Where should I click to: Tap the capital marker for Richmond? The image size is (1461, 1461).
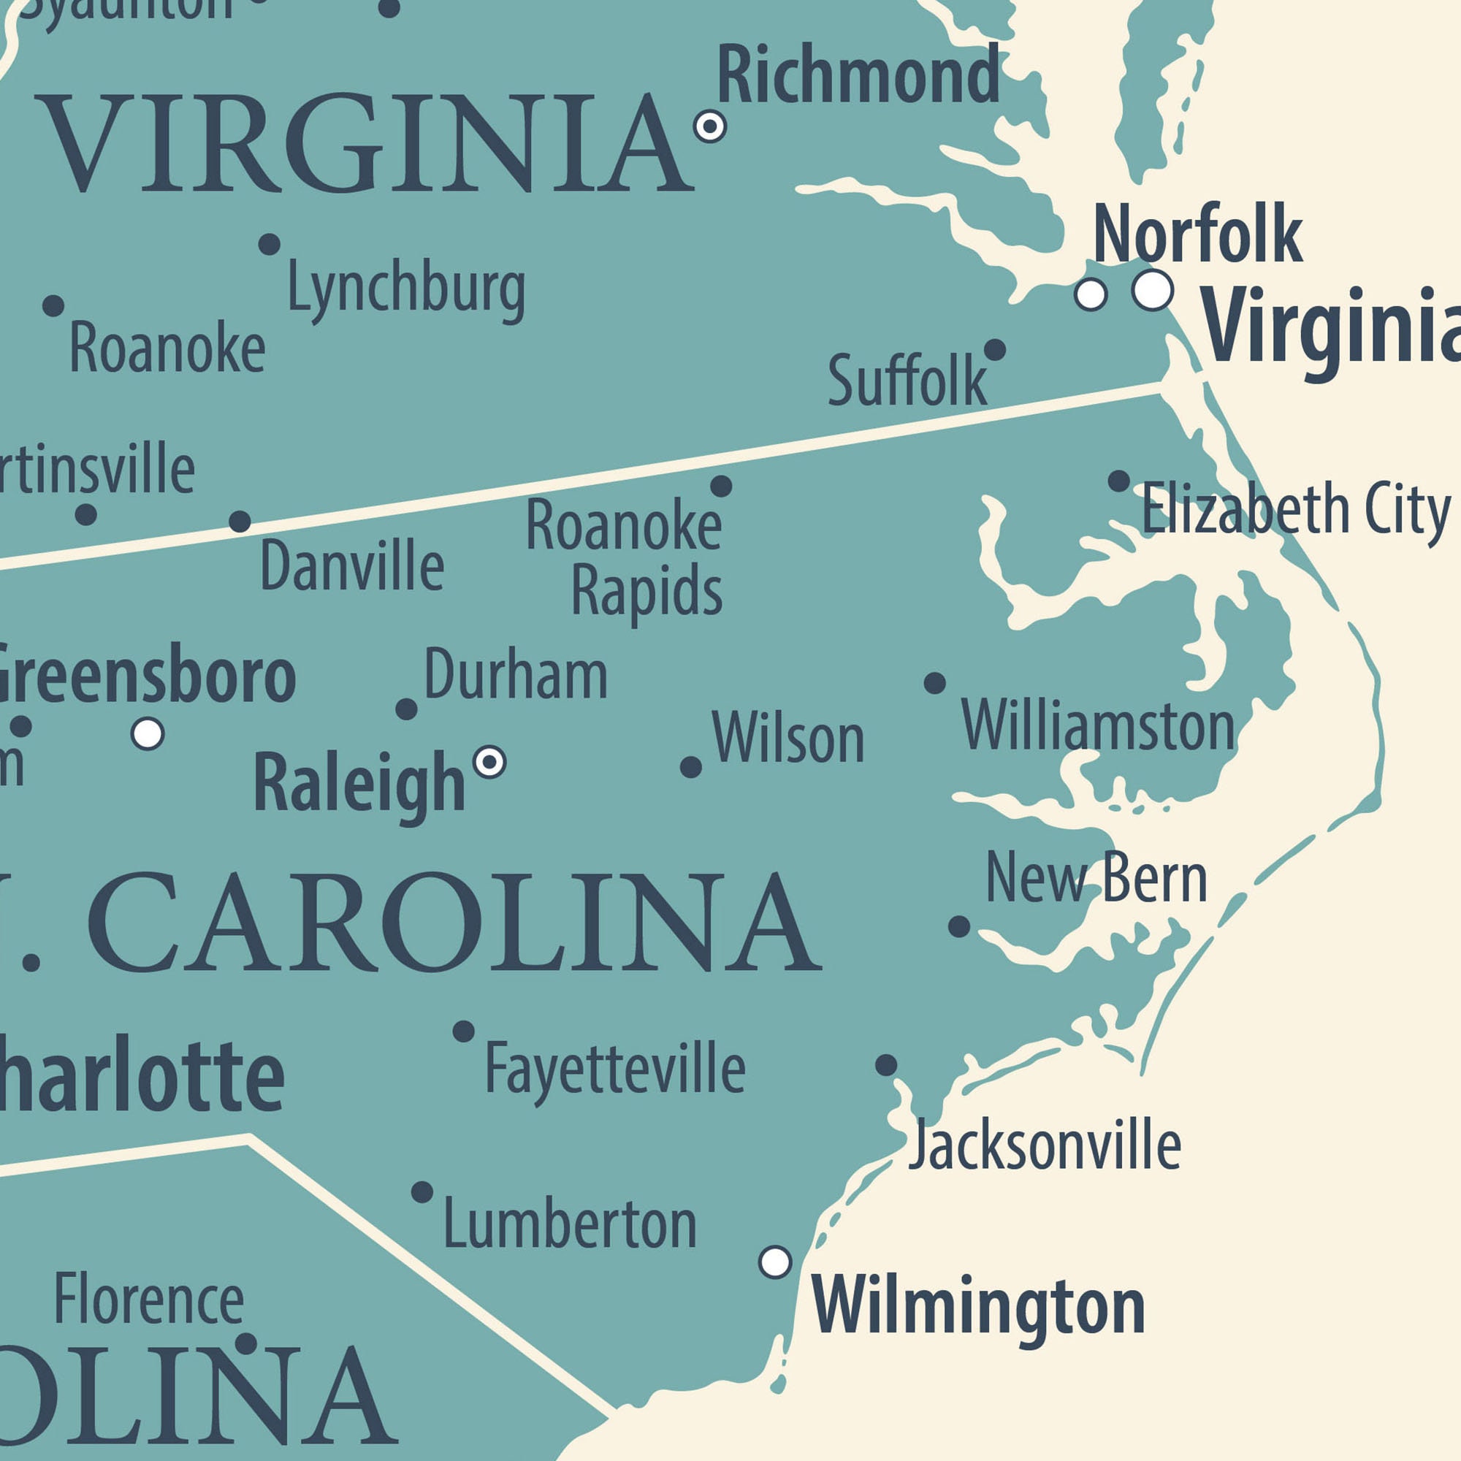tap(709, 126)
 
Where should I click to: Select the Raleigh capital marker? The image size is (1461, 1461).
tap(489, 761)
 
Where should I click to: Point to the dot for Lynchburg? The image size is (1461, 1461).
tap(270, 244)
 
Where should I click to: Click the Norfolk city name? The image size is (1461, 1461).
tap(1197, 234)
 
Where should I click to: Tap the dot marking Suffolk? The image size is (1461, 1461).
tap(994, 349)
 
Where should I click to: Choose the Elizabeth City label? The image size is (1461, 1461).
tap(1295, 509)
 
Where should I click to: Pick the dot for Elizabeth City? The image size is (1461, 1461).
tap(1118, 481)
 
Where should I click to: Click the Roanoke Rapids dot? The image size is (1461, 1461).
tap(721, 486)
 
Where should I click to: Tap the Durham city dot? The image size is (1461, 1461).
tap(406, 709)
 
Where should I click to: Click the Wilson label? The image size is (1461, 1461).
tap(788, 738)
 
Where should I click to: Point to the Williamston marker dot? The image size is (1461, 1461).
tap(935, 683)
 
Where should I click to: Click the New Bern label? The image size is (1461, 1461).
tap(1096, 877)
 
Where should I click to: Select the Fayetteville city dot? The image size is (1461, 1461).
tap(464, 1031)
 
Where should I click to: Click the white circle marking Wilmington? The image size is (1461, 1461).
tap(775, 1262)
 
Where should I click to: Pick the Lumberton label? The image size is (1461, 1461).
tap(570, 1224)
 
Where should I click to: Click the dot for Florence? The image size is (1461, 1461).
tap(245, 1344)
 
